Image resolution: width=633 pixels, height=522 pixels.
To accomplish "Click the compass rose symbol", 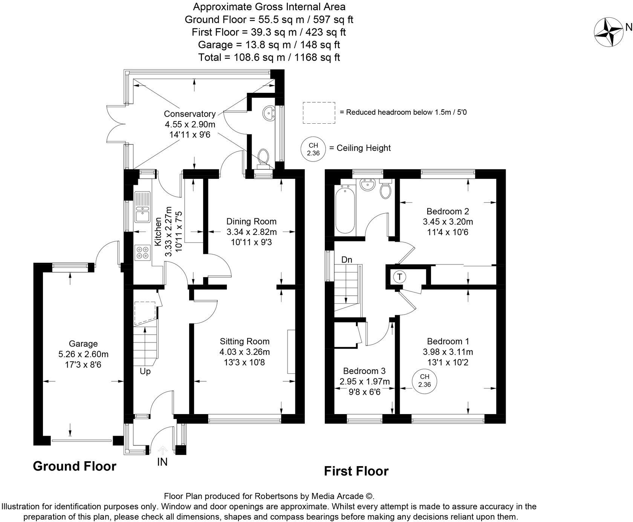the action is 608,32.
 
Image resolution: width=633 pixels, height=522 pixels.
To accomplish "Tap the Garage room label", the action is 83,344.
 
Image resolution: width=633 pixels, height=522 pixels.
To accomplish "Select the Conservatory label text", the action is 190,114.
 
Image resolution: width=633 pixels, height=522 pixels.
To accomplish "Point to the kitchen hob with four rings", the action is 142,252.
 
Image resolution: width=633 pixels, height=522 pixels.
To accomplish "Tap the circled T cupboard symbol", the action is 399,277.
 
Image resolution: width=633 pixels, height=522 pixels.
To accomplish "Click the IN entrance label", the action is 162,462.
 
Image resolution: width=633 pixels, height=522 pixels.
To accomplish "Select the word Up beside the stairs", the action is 145,372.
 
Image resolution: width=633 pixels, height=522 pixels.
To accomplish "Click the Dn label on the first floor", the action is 347,260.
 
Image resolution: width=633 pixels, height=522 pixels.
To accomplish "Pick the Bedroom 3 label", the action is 364,371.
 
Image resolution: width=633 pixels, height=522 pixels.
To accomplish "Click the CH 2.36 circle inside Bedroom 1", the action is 424,381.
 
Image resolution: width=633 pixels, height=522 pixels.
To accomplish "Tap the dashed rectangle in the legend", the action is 319,112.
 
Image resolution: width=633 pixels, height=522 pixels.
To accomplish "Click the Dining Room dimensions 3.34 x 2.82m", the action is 252,232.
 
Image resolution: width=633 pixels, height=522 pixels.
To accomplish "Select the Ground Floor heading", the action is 75,466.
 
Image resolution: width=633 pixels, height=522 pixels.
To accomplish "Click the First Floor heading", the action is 356,471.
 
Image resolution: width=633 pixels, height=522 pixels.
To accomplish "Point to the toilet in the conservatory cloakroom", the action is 264,159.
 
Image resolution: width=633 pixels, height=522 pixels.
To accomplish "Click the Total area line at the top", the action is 269,57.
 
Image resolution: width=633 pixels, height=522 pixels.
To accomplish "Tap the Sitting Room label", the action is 245,341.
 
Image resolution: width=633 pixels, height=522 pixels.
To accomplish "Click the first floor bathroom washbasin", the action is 367,185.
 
